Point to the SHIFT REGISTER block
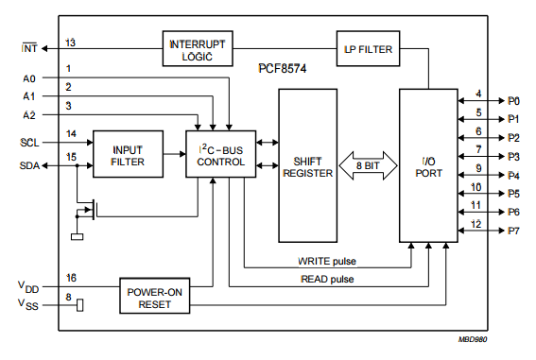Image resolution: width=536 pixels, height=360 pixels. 307,165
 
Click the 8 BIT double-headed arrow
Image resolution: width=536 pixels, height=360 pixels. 368,166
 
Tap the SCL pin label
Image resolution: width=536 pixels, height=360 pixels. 29,143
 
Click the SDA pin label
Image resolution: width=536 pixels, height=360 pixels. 29,165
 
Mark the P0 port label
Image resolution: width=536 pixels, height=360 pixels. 513,100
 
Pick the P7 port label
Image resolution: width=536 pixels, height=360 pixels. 513,231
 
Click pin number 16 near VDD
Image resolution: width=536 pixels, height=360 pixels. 71,277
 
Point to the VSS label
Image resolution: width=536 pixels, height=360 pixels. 29,304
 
